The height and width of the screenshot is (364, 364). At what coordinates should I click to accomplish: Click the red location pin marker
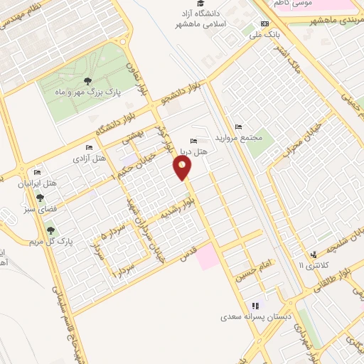pos(183,168)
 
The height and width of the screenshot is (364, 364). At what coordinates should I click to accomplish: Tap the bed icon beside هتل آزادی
pos(89,148)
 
